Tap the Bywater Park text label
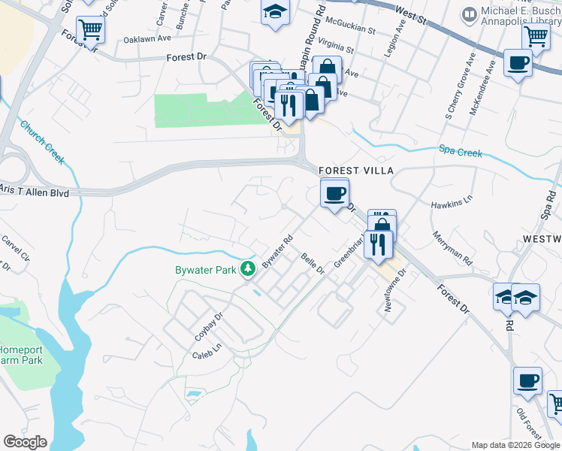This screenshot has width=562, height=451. tap(205, 268)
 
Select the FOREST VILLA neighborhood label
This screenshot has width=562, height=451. tap(355, 171)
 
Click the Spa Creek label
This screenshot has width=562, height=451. tap(460, 153)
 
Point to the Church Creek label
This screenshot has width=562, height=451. tap(42, 143)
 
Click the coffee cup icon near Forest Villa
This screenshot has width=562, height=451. tap(334, 193)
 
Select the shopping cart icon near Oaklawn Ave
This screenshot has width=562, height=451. tap(89, 31)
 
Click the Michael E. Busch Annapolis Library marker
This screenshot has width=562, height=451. tap(470, 14)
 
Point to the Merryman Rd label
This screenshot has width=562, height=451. tap(452, 248)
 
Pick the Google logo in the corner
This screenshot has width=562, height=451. tap(25, 442)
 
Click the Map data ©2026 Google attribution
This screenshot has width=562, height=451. tap(515, 445)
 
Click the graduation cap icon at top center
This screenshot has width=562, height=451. tap(275, 12)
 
